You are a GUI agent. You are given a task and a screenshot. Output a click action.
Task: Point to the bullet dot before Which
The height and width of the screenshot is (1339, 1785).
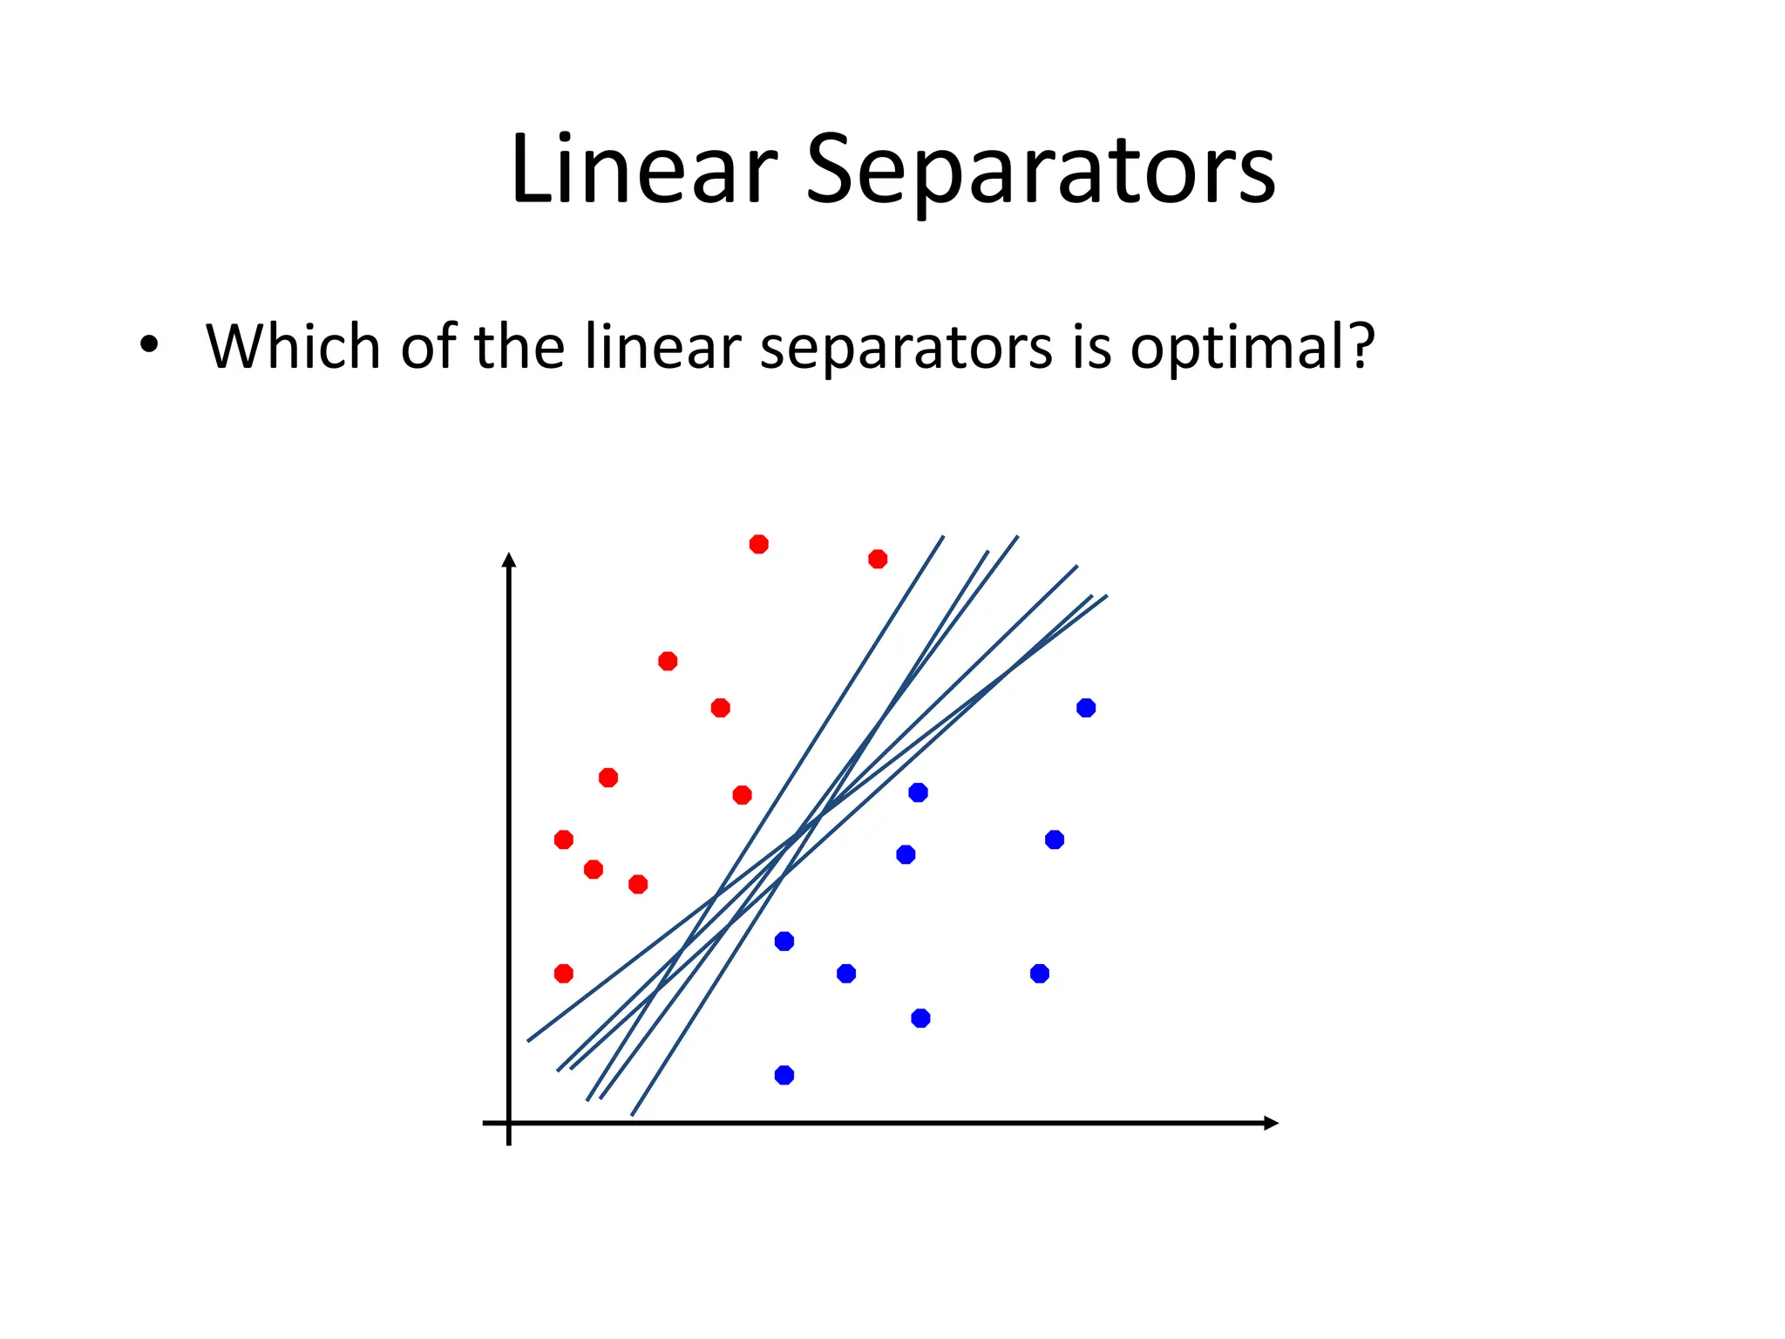[149, 344]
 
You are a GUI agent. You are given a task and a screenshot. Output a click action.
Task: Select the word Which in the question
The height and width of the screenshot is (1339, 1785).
[295, 346]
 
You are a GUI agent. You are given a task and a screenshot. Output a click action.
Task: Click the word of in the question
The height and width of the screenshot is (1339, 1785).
[429, 346]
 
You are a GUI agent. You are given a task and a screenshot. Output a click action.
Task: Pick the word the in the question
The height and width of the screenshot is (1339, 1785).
[519, 346]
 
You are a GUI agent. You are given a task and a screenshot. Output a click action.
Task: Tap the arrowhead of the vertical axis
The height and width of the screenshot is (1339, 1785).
[509, 560]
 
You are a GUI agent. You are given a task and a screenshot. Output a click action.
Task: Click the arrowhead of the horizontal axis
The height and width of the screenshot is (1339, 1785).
[1271, 1123]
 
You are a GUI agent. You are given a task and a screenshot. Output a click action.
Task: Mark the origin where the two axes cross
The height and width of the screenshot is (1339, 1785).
[509, 1123]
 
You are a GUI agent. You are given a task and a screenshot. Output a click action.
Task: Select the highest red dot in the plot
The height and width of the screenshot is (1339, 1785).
[759, 544]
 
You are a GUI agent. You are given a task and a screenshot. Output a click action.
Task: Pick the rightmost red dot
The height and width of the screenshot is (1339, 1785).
[878, 559]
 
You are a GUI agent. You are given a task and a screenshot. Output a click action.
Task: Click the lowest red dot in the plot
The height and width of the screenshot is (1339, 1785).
[564, 973]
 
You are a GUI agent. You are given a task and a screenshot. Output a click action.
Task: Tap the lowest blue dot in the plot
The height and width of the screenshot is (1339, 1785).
[784, 1075]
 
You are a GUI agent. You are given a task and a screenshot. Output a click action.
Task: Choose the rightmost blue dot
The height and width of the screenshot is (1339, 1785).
[1086, 708]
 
